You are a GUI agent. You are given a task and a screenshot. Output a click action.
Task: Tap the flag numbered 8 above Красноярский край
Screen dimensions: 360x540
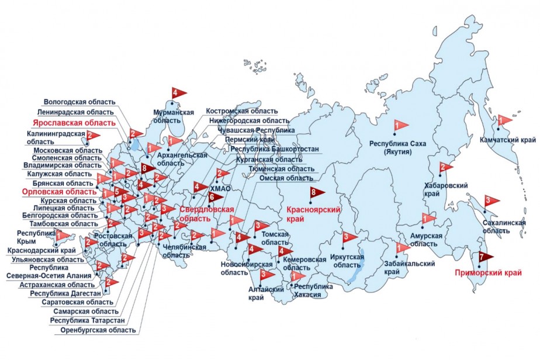coord(316,193)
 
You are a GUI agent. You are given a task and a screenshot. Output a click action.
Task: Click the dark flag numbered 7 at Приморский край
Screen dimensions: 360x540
coord(484,256)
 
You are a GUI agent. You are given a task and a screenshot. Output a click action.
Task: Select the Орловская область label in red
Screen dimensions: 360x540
coord(59,192)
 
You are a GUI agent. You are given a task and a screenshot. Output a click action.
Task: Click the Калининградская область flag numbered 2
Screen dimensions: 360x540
coord(92,135)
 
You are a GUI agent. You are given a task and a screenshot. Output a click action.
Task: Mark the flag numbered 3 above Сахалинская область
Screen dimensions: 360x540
coord(491,200)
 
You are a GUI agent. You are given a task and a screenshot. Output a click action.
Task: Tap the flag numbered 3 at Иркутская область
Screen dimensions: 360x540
coord(348,237)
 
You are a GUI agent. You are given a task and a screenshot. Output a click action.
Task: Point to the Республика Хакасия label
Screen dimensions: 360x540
coord(313,290)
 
